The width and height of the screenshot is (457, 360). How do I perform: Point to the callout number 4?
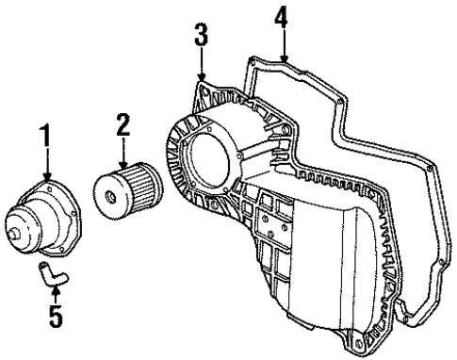(278, 16)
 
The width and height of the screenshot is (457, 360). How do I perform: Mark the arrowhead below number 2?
(122, 164)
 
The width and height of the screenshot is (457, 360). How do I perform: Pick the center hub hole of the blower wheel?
(111, 196)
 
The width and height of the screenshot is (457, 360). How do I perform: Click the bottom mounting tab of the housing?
(359, 339)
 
